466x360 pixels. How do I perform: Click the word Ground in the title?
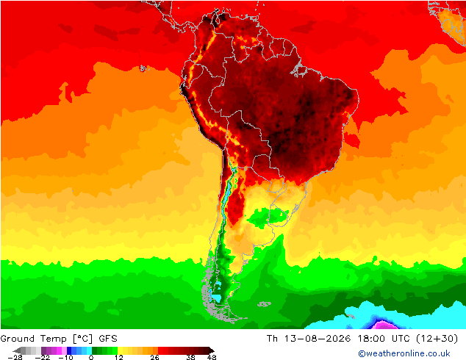(x=18, y=339)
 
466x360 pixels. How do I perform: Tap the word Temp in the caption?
(x=54, y=339)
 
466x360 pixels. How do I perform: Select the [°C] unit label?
(x=83, y=339)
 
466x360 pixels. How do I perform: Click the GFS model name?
(x=108, y=339)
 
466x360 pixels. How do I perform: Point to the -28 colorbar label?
(x=15, y=357)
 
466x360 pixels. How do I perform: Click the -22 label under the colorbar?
(x=43, y=357)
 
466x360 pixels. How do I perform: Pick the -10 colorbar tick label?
(x=65, y=357)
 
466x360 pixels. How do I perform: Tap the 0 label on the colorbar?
(x=91, y=357)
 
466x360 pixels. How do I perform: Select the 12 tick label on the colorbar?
(x=119, y=357)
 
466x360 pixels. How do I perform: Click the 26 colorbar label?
(x=154, y=357)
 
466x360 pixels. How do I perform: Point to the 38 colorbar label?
(x=191, y=357)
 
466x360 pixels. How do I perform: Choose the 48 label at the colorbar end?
(x=212, y=357)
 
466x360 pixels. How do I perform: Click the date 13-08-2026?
(x=318, y=339)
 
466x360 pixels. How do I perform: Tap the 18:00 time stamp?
(x=371, y=339)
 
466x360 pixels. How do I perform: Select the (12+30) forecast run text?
(x=437, y=339)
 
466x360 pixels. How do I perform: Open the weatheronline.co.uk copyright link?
(x=404, y=353)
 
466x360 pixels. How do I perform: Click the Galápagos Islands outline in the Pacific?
(x=143, y=68)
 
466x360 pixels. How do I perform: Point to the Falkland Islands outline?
(x=264, y=304)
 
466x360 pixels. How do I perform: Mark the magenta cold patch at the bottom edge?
(x=384, y=325)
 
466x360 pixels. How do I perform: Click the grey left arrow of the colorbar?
(x=17, y=350)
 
